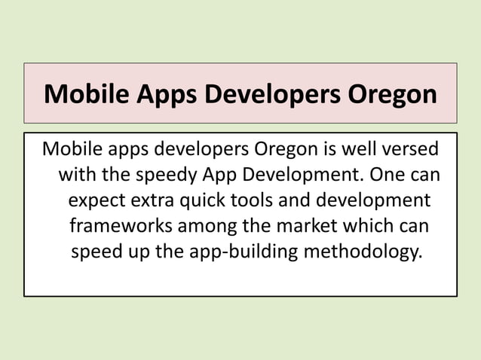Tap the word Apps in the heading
pos(161,95)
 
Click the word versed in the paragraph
pos(412,146)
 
